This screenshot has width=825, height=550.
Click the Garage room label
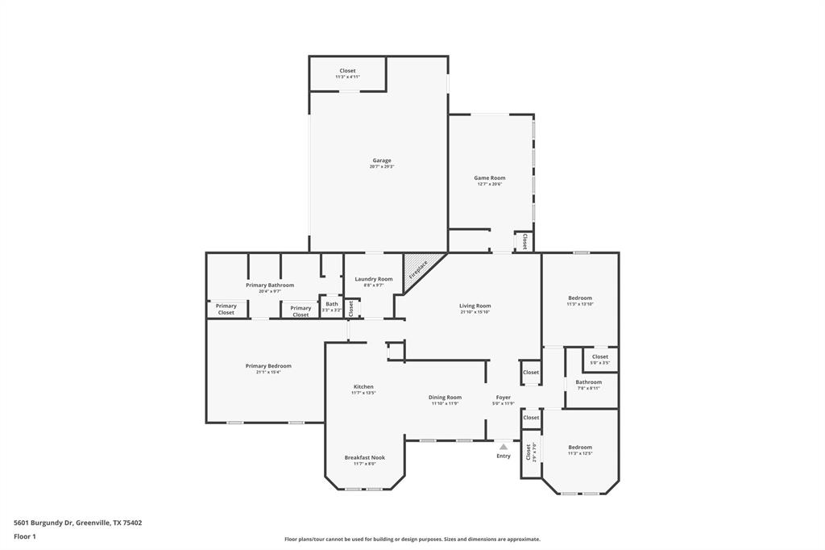(x=381, y=160)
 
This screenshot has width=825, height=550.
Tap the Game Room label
(x=489, y=178)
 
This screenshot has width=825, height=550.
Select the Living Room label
(x=475, y=306)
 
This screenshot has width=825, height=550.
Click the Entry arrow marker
(x=504, y=446)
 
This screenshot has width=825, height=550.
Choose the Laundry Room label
(x=374, y=279)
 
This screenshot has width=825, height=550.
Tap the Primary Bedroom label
(x=268, y=366)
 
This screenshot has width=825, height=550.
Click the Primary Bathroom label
(x=270, y=285)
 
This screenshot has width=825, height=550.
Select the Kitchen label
(x=363, y=387)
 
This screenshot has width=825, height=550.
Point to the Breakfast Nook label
(x=364, y=457)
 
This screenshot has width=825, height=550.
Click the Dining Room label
(x=445, y=397)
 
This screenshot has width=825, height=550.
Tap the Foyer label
(x=503, y=397)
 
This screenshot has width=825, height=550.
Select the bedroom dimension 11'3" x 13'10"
(x=579, y=304)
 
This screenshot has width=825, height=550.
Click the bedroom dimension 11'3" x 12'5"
(x=579, y=453)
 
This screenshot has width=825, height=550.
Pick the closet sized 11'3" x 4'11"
(x=347, y=77)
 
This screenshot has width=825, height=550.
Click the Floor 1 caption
(x=25, y=536)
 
